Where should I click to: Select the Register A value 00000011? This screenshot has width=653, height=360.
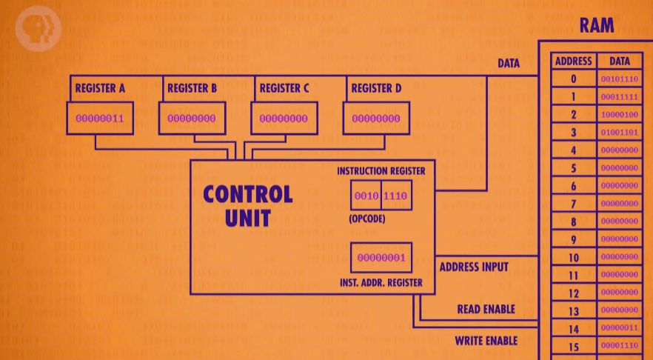99,118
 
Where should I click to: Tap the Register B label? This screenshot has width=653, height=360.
192,88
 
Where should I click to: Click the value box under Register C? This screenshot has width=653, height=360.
284,118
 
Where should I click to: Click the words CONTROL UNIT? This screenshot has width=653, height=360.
247,205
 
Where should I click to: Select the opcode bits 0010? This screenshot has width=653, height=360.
366,196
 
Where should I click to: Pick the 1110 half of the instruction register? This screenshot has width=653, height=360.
396,196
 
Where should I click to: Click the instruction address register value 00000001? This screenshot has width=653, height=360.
381,258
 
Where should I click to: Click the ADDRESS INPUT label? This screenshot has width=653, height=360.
474,267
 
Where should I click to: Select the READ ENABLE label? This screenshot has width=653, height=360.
486,309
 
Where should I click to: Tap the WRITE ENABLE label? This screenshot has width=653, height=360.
486,341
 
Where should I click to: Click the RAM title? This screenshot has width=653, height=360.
597,26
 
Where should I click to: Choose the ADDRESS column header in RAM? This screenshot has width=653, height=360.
573,61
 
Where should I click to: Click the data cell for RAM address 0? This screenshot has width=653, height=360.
620,79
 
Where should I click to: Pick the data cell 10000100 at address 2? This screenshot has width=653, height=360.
620,115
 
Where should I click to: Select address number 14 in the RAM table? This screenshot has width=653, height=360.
573,327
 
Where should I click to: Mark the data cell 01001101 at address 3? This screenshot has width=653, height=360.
620,133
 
